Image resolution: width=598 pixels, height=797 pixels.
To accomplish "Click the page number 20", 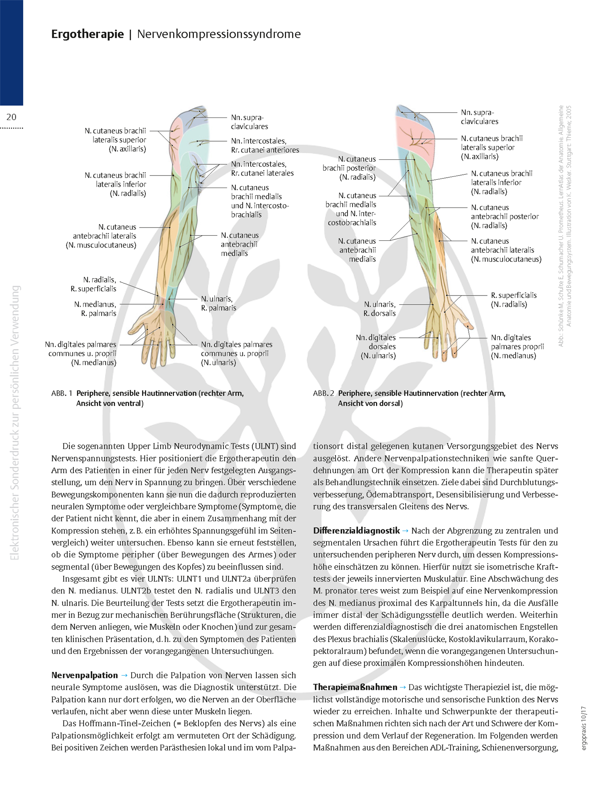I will point(11,117).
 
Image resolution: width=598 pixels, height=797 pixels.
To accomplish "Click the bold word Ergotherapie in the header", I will point(87,34).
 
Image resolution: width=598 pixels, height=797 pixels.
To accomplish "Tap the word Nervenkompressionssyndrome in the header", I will point(219,34).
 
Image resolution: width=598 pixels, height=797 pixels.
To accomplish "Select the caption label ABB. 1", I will point(62,393).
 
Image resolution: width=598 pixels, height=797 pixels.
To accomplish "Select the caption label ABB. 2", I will point(324,393).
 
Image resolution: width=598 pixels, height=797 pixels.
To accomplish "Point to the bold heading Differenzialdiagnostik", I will point(356,531).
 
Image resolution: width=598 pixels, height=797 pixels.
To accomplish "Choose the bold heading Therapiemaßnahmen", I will point(355,687).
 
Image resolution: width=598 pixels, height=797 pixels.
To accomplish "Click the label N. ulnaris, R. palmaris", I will point(218,303).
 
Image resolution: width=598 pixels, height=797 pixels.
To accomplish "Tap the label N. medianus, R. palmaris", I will point(95,309).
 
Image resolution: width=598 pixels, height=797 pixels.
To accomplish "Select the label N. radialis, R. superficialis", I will point(93,284).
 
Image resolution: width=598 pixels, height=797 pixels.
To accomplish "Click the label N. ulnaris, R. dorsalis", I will point(380,309).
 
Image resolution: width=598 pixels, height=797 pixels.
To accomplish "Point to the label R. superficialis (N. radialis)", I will point(514,300).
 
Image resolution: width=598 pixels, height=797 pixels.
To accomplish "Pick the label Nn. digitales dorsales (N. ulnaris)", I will point(376,347).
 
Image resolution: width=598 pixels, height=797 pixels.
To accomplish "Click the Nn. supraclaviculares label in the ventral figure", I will point(249,122).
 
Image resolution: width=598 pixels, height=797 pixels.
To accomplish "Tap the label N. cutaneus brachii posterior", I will point(349,168).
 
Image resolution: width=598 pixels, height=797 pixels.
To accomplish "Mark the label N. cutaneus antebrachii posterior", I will point(505,216).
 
